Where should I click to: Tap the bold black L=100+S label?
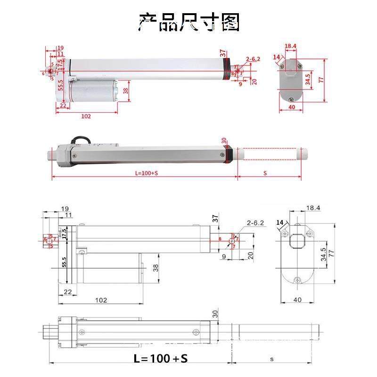[x=161, y=358]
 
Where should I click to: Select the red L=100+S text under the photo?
[x=146, y=173]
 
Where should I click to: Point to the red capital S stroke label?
[x=265, y=173]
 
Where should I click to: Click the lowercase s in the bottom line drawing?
[x=272, y=359]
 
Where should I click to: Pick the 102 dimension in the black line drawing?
[x=101, y=300]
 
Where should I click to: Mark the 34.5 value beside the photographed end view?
[x=308, y=79]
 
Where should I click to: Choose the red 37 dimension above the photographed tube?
[x=222, y=52]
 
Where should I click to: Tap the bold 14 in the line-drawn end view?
[x=280, y=222]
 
